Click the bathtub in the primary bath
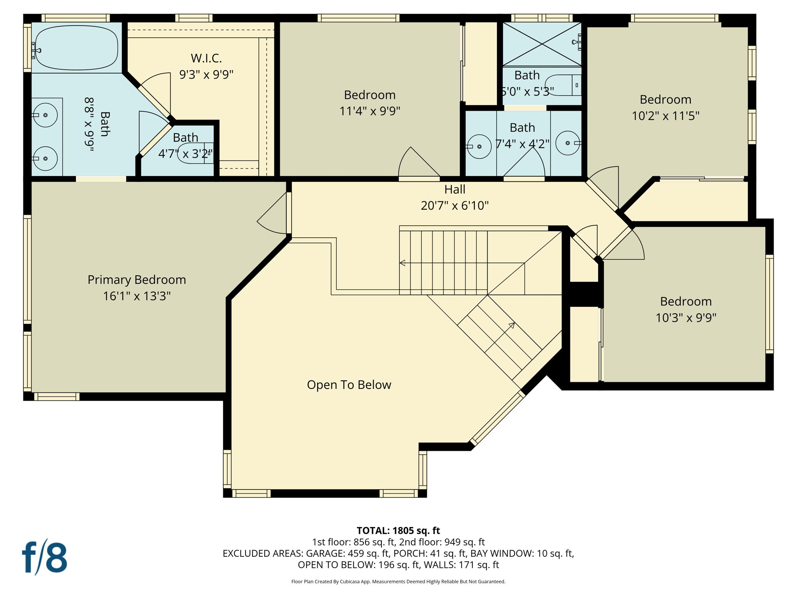point(76,48)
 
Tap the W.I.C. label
point(206,58)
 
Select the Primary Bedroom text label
point(137,280)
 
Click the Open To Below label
point(349,385)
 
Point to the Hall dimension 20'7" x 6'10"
point(455,206)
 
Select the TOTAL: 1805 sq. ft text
point(398,531)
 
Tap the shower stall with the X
point(542,44)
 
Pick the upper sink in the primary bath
point(45,115)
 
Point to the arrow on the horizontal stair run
point(403,263)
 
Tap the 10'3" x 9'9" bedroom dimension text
point(686,318)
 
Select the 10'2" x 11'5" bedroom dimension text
point(665,116)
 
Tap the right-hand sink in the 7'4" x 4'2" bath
point(568,143)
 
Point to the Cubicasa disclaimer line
point(398,582)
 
